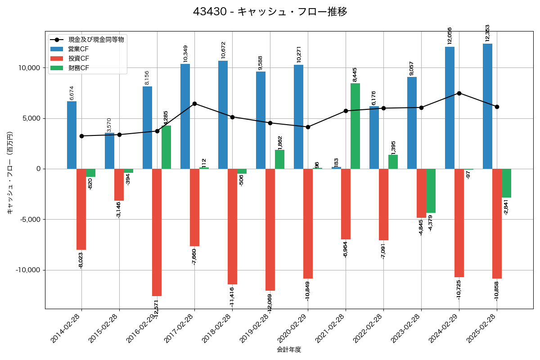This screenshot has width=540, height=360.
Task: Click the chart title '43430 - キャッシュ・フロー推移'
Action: [x=270, y=12]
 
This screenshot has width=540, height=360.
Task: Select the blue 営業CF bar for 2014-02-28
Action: [x=72, y=135]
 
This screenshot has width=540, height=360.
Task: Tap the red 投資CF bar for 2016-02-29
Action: [x=157, y=232]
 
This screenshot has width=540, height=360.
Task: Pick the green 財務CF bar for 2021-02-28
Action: [x=355, y=126]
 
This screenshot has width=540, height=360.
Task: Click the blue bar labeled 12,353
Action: [x=487, y=106]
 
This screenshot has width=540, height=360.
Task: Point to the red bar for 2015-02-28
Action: [x=119, y=184]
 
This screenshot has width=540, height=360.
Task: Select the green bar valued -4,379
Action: [x=431, y=191]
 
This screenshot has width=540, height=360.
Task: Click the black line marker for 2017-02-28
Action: [x=194, y=103]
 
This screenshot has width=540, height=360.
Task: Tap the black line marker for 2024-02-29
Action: [x=459, y=93]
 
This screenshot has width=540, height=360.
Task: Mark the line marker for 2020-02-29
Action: [x=308, y=127]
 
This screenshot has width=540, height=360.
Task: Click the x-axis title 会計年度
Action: [x=289, y=350]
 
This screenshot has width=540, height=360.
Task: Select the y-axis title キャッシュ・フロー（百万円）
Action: [x=10, y=172]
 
